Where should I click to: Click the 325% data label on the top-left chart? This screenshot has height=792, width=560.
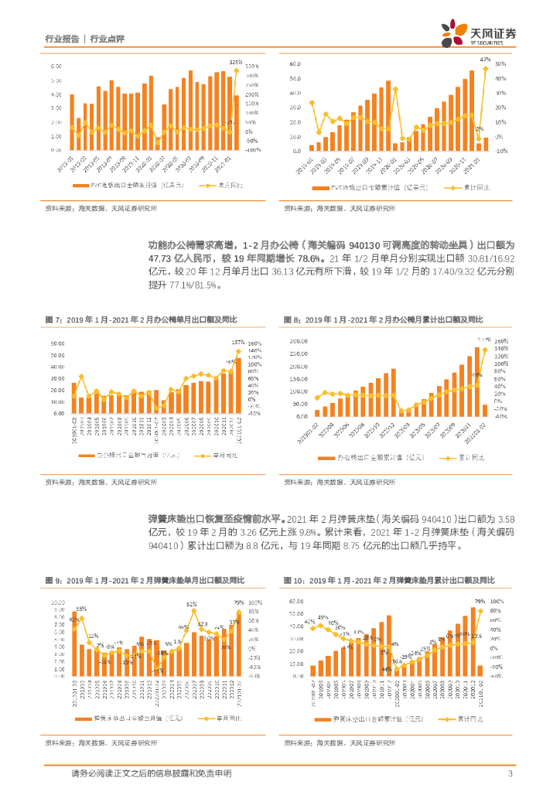[x=235, y=62]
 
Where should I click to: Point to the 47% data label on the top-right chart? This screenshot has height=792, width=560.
[x=485, y=60]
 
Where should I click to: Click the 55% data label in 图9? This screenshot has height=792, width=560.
[x=81, y=609]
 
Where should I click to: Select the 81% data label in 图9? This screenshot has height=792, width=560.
[x=191, y=603]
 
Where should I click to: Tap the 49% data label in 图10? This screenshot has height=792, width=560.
[x=323, y=617]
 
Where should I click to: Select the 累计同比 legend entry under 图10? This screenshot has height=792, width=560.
[x=457, y=719]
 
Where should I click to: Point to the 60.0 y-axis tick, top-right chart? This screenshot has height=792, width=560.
[x=293, y=63]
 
